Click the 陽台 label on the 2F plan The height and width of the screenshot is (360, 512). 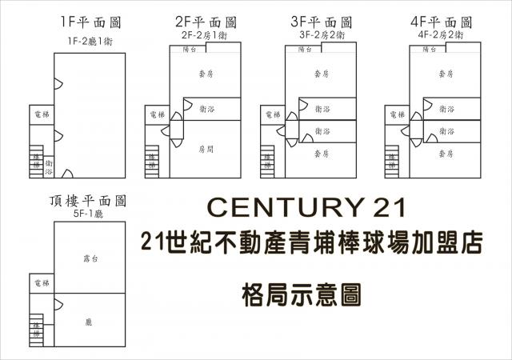point(190,49)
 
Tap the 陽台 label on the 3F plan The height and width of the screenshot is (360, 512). point(305,49)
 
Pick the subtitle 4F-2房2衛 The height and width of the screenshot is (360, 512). point(441,34)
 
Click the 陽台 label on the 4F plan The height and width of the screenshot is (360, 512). point(428,49)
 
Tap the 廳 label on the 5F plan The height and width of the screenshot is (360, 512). point(90,322)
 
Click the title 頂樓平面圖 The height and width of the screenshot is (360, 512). point(89,203)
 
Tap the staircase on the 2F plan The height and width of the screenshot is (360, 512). point(151,163)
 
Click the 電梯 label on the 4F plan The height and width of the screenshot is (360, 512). point(395,115)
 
